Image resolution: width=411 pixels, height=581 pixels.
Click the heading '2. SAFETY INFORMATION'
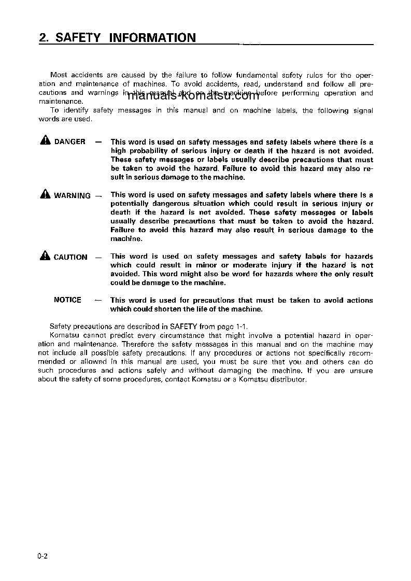click(x=118, y=38)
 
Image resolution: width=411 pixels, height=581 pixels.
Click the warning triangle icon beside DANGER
click(x=46, y=141)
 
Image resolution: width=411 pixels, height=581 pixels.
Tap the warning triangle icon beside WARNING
click(x=46, y=194)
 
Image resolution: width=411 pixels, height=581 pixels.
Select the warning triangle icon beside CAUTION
click(x=46, y=256)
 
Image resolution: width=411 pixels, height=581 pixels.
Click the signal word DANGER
click(x=70, y=141)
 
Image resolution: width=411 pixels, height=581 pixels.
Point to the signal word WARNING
click(x=72, y=195)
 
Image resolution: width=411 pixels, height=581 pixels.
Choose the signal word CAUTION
click(x=70, y=257)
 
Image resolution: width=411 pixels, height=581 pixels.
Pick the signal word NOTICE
click(x=68, y=300)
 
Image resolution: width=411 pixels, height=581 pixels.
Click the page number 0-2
click(x=42, y=556)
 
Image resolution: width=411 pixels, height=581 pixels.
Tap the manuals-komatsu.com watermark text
click(x=192, y=96)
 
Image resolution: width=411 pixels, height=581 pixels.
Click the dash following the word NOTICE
click(x=98, y=301)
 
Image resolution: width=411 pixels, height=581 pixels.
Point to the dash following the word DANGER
click(x=98, y=142)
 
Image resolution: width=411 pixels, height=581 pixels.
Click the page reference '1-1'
click(x=242, y=327)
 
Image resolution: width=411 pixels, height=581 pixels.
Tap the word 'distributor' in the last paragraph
click(x=286, y=379)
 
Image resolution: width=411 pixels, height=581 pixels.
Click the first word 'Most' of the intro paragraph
click(x=58, y=75)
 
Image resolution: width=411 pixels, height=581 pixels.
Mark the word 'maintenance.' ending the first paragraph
click(x=61, y=102)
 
